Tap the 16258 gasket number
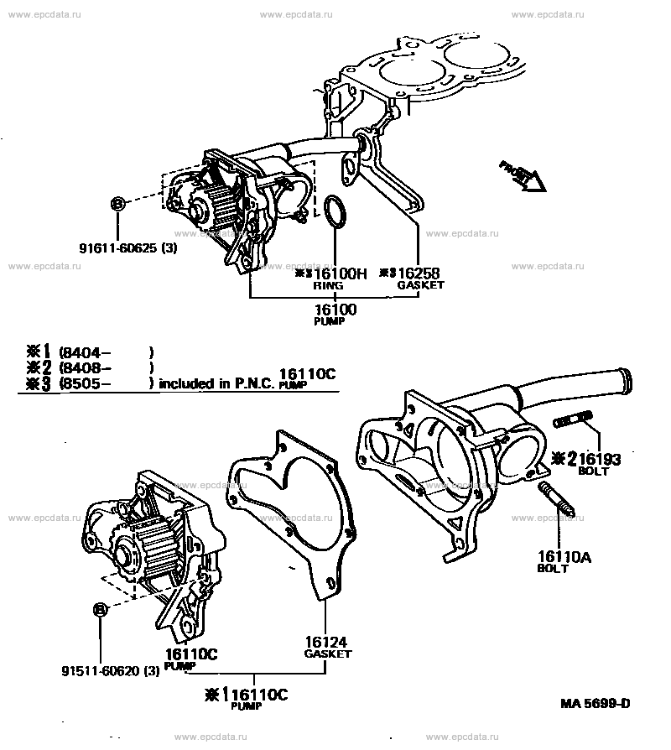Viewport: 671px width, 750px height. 419,273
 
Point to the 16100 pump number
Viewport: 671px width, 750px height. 335,310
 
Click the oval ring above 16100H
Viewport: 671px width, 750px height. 335,211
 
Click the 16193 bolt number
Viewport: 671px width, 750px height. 599,459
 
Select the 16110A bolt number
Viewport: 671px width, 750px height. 564,557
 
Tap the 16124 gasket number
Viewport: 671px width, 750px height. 326,642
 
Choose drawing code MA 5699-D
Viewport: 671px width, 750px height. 596,704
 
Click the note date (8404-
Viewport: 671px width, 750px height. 85,353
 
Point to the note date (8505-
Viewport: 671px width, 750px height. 85,383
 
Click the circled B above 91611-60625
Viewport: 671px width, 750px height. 117,204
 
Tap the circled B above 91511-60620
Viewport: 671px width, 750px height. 101,609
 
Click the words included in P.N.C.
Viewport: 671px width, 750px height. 216,383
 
